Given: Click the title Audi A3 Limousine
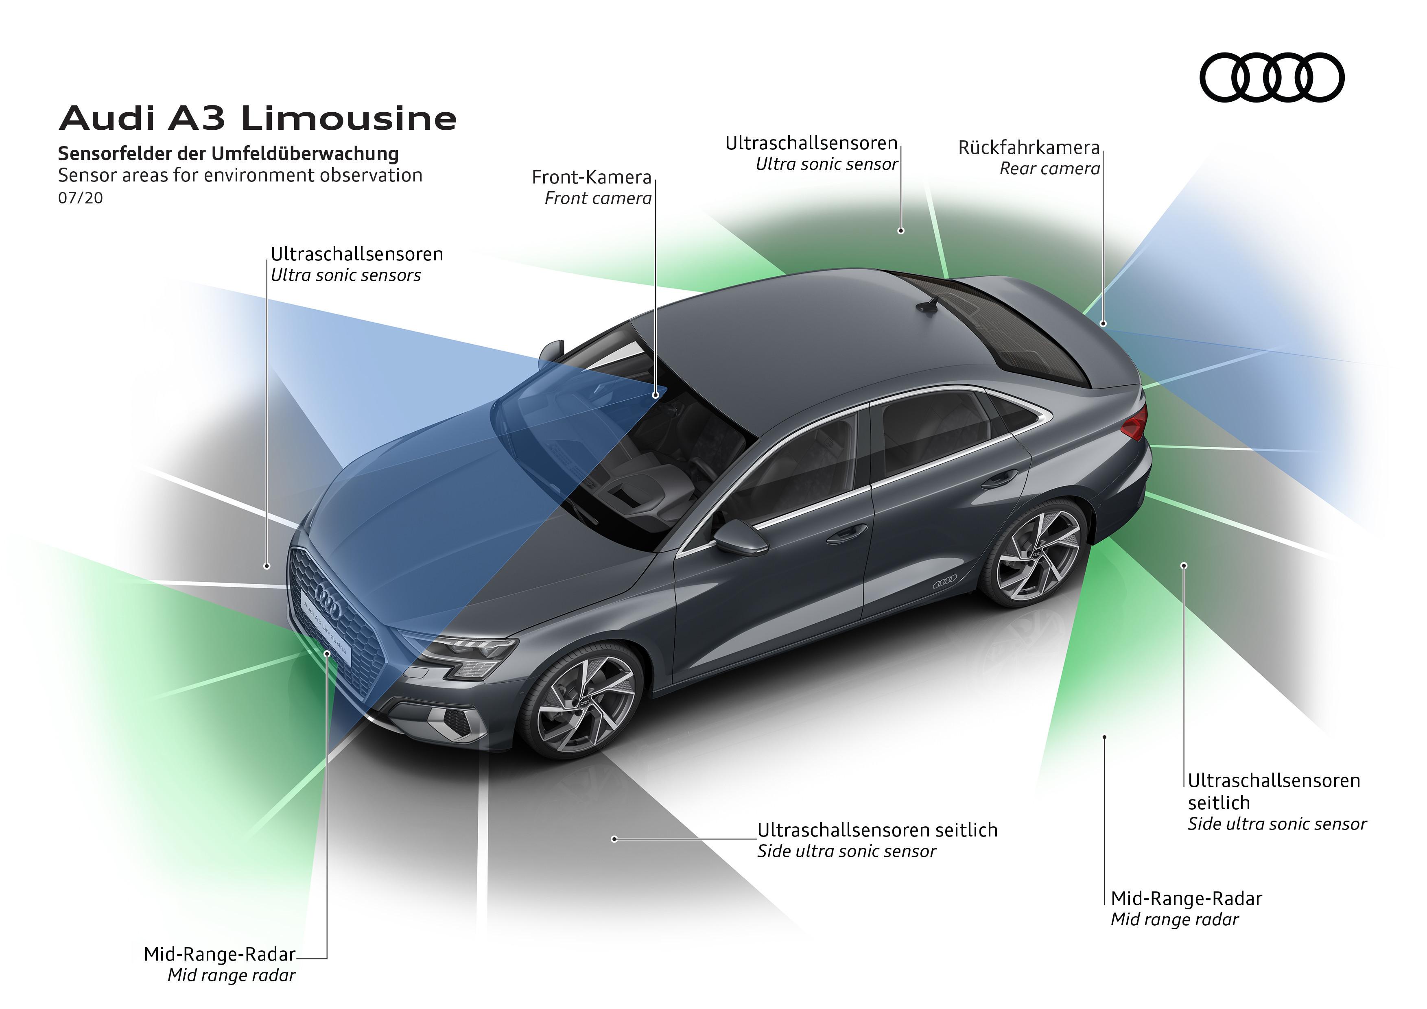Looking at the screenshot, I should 258,118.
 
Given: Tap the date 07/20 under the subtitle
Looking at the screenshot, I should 80,198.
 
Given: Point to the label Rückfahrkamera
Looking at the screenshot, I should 1029,148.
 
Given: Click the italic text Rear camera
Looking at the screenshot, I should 1049,169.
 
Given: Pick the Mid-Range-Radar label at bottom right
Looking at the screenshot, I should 1186,898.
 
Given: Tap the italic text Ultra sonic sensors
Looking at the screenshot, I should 345,275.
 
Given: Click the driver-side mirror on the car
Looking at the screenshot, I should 741,537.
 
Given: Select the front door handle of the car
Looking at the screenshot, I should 846,533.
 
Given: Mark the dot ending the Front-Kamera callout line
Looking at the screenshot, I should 656,395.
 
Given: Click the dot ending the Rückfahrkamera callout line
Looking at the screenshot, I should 1103,323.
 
